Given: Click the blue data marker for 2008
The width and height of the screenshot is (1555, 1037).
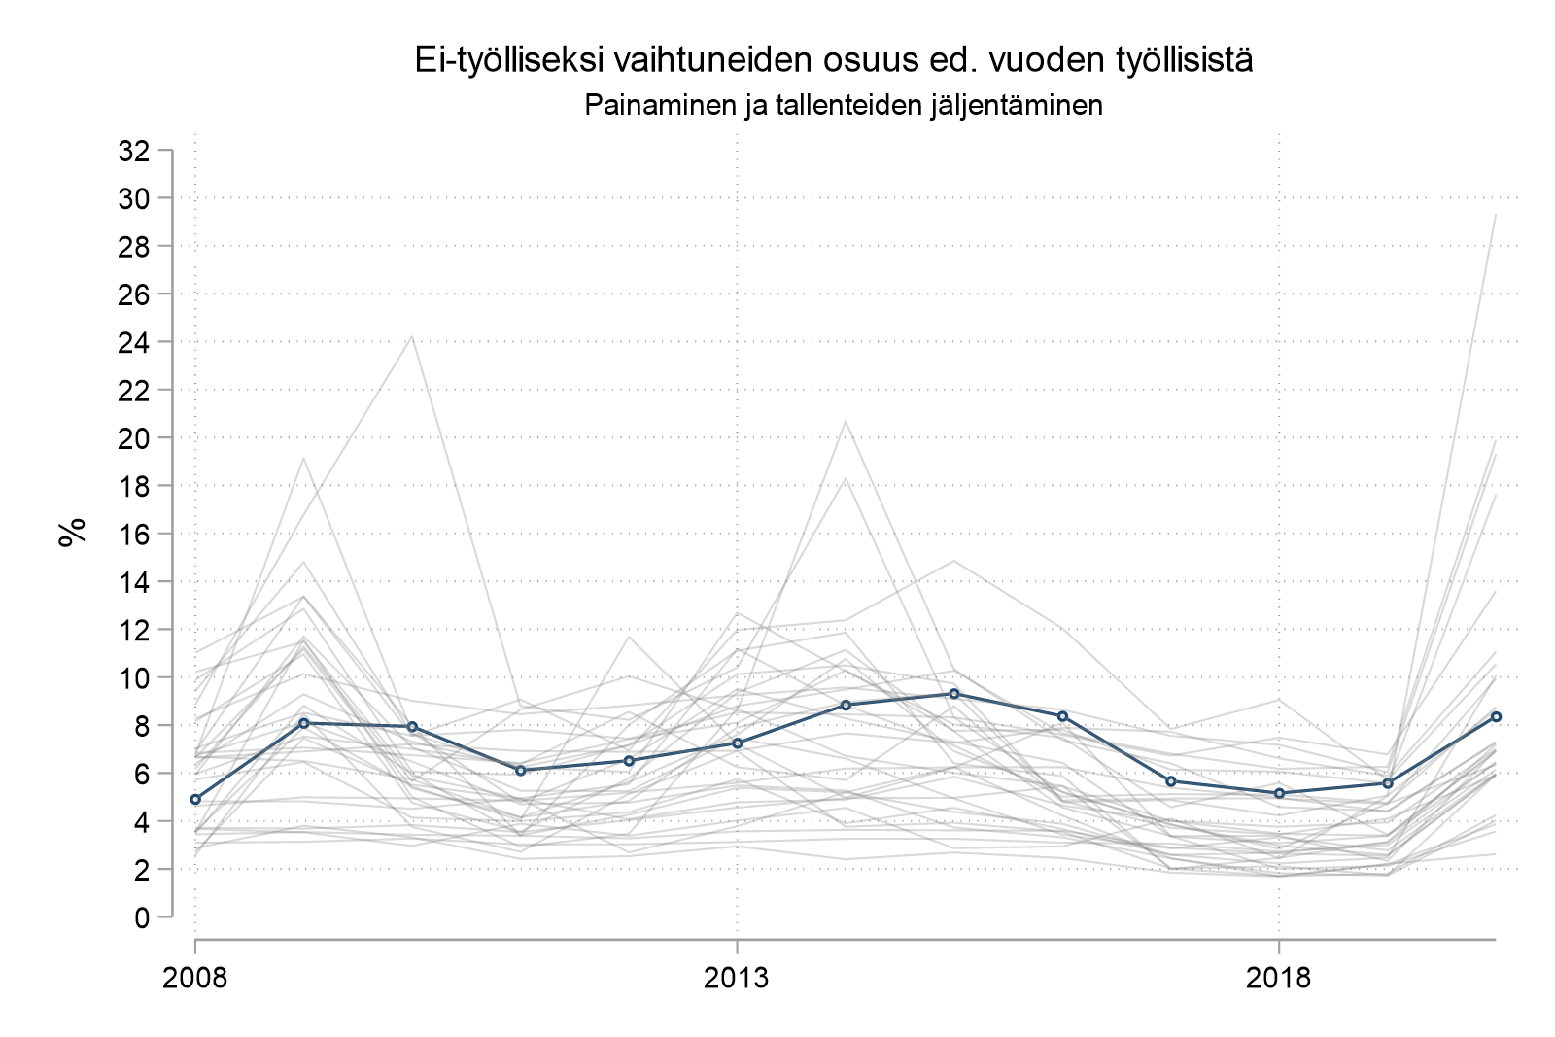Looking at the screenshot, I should click(x=195, y=799).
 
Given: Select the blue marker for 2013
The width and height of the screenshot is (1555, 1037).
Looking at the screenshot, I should click(x=738, y=743).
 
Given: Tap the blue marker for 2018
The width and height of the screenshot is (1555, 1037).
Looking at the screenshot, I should click(x=1279, y=793).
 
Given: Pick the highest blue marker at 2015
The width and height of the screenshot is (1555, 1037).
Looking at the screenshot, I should click(x=954, y=694).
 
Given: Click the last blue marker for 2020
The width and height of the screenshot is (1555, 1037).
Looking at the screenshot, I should click(x=1496, y=716).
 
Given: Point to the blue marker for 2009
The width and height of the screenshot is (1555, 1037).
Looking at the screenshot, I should click(x=304, y=723).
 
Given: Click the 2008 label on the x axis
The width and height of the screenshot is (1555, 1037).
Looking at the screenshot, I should click(x=195, y=977).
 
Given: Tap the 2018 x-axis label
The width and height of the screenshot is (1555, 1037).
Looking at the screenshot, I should click(x=1279, y=977).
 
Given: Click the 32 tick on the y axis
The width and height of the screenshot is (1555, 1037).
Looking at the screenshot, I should click(x=133, y=151).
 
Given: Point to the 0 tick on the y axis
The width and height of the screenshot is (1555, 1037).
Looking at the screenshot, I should click(x=143, y=917).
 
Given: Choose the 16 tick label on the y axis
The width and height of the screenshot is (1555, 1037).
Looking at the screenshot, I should click(x=133, y=534).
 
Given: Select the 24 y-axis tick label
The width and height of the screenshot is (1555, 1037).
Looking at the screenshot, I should click(x=133, y=342).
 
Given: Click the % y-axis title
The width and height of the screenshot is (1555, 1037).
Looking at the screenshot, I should click(x=72, y=533).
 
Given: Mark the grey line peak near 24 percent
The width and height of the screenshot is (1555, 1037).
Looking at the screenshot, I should click(x=412, y=336).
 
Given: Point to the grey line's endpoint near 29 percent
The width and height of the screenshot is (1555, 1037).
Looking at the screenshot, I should click(x=1496, y=215).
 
